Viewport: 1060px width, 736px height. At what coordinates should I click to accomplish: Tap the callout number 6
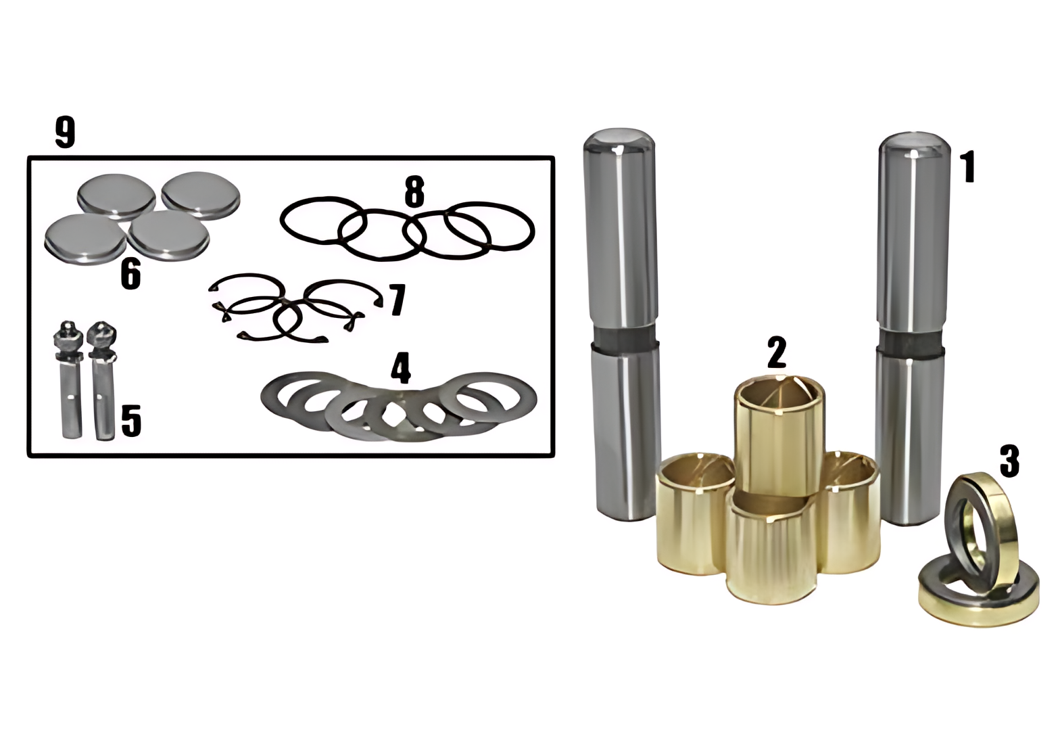click(x=130, y=274)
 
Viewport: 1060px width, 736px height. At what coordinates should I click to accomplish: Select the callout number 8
click(x=414, y=192)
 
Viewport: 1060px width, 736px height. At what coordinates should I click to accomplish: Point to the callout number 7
click(x=397, y=300)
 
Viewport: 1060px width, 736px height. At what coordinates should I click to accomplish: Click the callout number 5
click(x=131, y=421)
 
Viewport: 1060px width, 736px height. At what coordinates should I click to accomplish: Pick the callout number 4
click(x=401, y=368)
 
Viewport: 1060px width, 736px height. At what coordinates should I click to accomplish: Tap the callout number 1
click(x=967, y=166)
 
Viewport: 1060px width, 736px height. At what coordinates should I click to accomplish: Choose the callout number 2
click(x=776, y=352)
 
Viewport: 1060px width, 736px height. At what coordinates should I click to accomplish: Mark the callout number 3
click(x=1009, y=461)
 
